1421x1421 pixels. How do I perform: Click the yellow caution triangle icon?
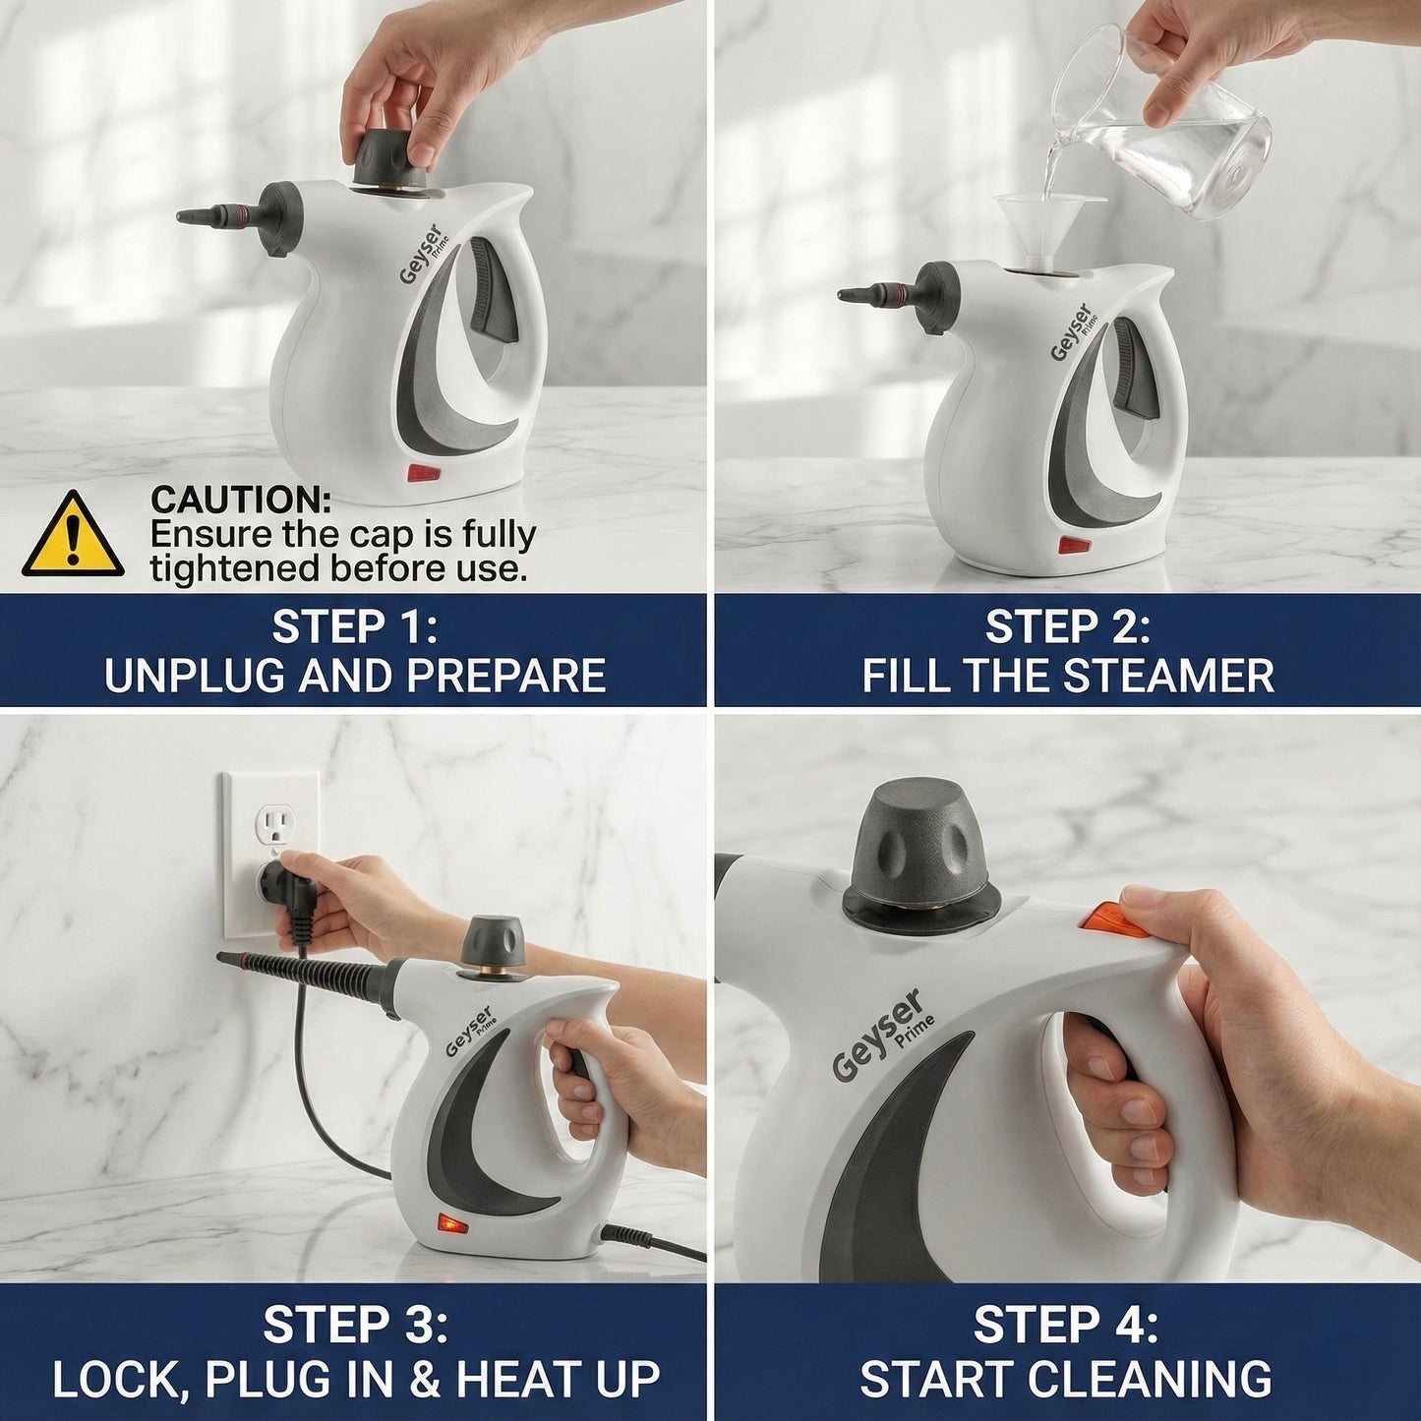72,535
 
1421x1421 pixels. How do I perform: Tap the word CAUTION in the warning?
240,500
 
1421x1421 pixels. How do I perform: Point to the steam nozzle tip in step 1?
180,216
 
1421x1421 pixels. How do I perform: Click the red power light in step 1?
423,473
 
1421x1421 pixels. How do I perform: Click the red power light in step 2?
1075,545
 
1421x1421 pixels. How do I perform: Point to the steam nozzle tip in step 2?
842,295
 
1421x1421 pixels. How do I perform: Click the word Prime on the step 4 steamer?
915,1031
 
